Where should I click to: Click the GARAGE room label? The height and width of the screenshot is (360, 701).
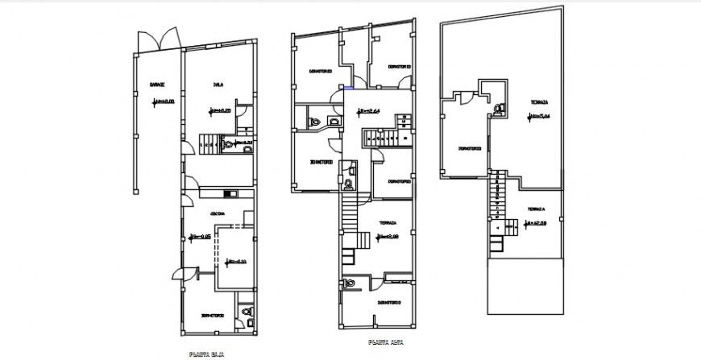pos(157,85)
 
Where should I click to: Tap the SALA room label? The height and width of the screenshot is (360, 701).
pos(218,84)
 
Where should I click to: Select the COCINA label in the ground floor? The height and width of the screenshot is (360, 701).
pos(218,213)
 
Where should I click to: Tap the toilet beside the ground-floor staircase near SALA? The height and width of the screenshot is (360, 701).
pos(230,146)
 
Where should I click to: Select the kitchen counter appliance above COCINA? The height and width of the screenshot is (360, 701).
pos(229,192)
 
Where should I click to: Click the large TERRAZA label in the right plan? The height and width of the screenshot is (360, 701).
pos(539,102)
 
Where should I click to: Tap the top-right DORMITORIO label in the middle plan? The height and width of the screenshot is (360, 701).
pos(399,66)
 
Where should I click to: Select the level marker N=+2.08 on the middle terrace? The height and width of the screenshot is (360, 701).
pos(389,236)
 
